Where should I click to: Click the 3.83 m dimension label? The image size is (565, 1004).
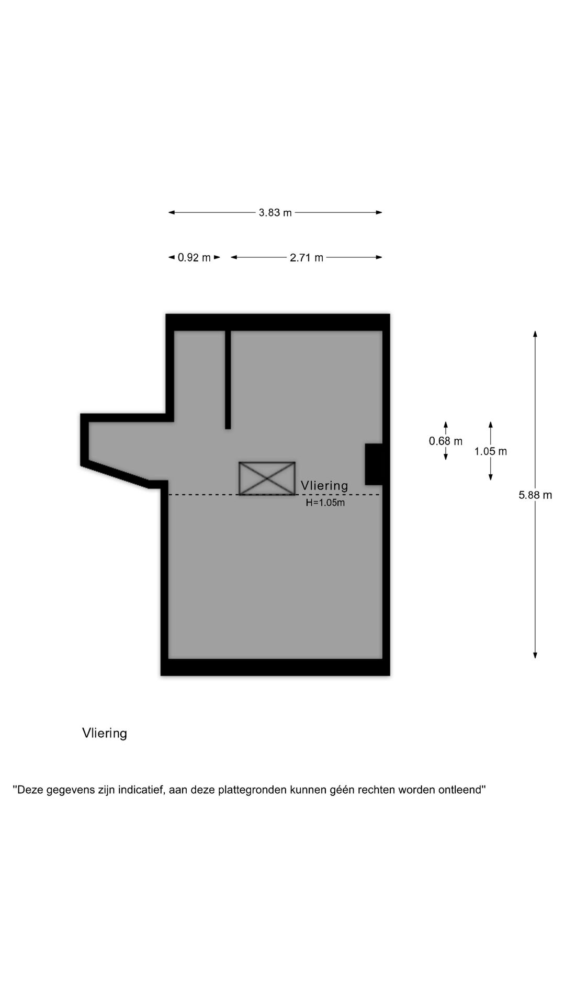click(x=275, y=213)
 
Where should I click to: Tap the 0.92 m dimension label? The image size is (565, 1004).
click(x=194, y=257)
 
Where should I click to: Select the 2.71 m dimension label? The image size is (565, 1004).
click(x=307, y=257)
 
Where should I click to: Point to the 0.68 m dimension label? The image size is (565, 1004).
click(x=446, y=441)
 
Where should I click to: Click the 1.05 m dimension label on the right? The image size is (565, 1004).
click(x=491, y=451)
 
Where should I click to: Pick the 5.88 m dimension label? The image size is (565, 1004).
click(x=535, y=495)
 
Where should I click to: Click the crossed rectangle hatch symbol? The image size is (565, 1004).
click(x=267, y=478)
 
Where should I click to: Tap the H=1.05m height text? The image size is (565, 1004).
click(x=325, y=503)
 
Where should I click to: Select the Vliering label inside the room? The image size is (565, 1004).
click(x=324, y=486)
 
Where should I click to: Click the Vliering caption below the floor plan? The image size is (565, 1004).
click(x=105, y=733)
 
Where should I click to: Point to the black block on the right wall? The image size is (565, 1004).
click(x=374, y=464)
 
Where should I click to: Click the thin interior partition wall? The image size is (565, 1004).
click(x=228, y=380)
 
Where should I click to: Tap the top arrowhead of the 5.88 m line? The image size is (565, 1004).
click(x=535, y=334)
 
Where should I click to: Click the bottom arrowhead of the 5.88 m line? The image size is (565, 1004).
click(x=535, y=655)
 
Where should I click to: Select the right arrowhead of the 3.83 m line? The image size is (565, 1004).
click(x=379, y=212)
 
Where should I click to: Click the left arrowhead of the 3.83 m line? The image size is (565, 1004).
click(x=172, y=212)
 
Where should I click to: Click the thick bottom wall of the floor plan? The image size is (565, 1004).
click(x=275, y=667)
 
